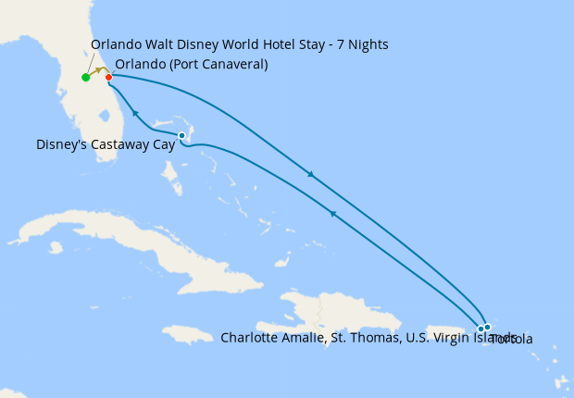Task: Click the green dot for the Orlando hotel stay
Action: (85, 78)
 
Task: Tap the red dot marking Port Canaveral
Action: (108, 77)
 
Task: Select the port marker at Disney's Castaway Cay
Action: (181, 136)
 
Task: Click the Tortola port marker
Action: (488, 327)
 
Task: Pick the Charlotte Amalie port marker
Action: (480, 329)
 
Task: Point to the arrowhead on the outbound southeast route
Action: (310, 174)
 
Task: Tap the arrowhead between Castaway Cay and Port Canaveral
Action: (135, 113)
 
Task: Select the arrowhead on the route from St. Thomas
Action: (331, 214)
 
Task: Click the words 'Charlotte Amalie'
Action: (268, 338)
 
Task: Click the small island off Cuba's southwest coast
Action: (56, 247)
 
